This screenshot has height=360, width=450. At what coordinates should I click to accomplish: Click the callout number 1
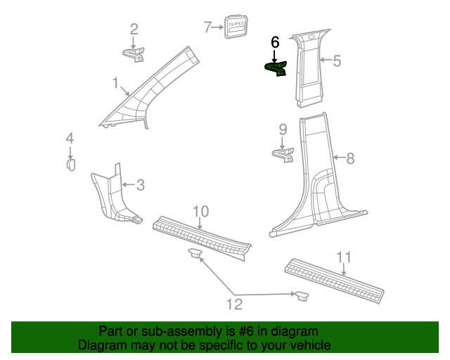[x=115, y=84]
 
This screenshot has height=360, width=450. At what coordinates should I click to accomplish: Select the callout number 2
[x=134, y=30]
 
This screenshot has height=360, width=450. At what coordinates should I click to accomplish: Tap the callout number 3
[x=140, y=185]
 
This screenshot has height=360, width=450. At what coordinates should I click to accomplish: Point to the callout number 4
[x=70, y=139]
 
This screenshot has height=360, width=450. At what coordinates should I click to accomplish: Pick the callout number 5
[x=337, y=61]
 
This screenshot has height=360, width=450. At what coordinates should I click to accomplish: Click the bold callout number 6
[x=275, y=43]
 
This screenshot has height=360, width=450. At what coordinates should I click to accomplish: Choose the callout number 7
[x=207, y=27]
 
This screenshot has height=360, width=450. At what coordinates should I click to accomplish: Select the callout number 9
[x=283, y=129]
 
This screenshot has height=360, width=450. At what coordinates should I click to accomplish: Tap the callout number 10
[x=200, y=212]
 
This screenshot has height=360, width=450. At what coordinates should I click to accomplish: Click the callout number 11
[x=343, y=257]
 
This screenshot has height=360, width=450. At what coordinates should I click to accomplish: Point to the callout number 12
[x=233, y=304]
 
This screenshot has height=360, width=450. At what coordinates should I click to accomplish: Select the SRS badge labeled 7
[x=235, y=27]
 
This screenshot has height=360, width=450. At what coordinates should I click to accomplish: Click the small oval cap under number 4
[x=70, y=165]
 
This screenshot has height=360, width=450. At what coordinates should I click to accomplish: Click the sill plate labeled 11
[x=334, y=280]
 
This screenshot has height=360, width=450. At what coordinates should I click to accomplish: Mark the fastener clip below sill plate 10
[x=195, y=252]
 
